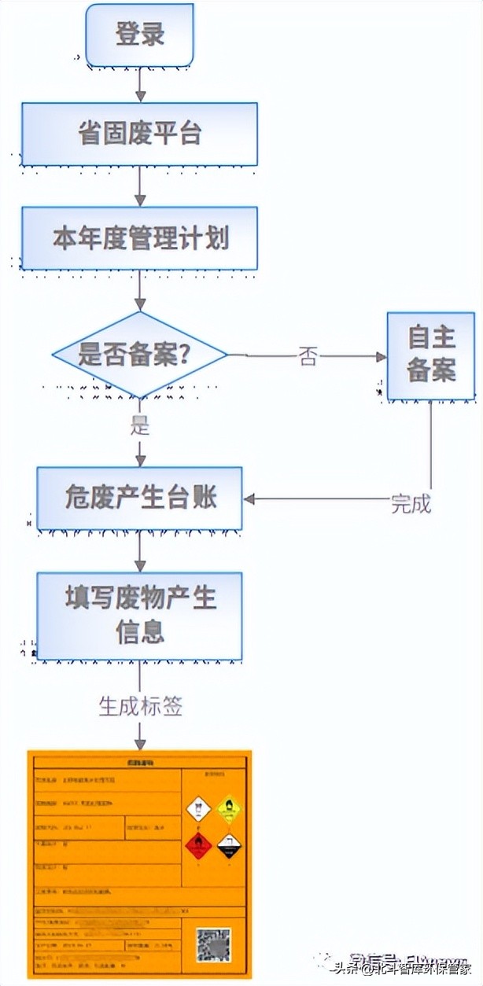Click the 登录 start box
click(x=139, y=35)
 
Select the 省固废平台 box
click(x=139, y=134)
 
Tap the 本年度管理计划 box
click(x=139, y=237)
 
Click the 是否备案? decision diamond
click(x=139, y=355)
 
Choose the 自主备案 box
click(x=430, y=355)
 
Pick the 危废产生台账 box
click(x=139, y=498)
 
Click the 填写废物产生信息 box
click(x=139, y=615)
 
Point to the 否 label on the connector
click(x=308, y=356)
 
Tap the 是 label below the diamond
click(x=139, y=425)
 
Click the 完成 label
click(x=411, y=504)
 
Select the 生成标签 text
click(x=140, y=706)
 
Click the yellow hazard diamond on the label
click(x=229, y=808)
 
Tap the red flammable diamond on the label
click(x=197, y=845)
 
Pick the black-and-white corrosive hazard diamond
click(x=229, y=845)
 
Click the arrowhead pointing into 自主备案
click(x=382, y=356)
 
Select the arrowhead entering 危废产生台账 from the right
click(x=249, y=499)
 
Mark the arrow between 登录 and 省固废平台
click(x=140, y=84)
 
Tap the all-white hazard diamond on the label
click(x=197, y=808)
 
